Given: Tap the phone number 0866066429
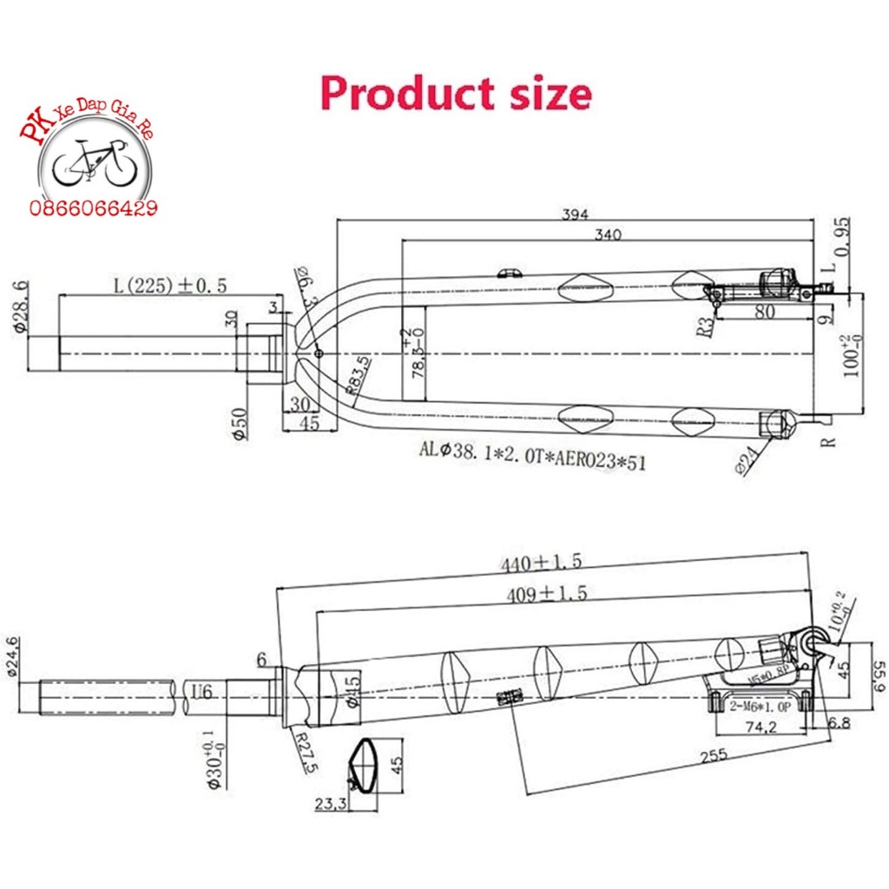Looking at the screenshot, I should point(94,208).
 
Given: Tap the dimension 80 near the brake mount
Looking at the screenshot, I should point(764,312).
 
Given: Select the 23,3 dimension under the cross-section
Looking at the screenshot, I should point(331,805).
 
